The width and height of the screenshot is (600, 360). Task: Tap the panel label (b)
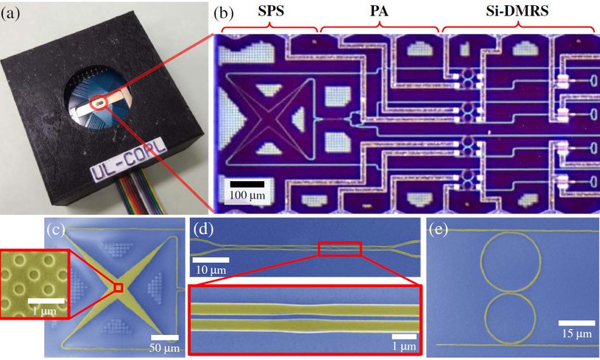[x=224, y=13]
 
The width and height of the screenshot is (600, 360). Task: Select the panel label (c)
[x=54, y=228]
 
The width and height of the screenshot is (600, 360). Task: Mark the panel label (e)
[x=437, y=227]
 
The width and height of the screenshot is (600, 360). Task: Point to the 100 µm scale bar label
[x=245, y=196]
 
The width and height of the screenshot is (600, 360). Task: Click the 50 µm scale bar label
[x=166, y=348]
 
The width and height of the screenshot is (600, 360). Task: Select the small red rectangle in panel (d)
[x=339, y=249]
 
